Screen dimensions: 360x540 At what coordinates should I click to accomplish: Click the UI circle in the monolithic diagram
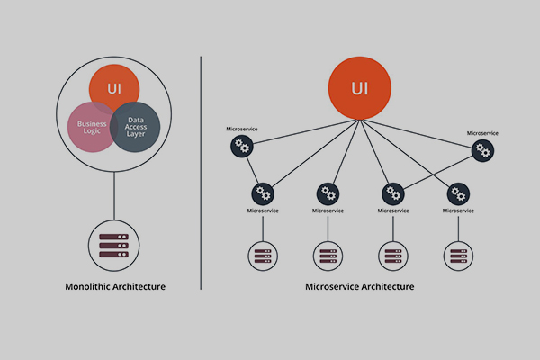[114, 88]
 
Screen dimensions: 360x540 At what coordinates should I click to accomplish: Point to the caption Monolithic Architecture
[115, 287]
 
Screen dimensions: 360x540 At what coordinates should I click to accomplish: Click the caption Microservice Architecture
[360, 287]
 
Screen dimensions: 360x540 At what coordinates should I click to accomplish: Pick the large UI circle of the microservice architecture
[359, 89]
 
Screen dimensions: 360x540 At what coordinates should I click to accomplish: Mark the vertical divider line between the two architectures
[200, 171]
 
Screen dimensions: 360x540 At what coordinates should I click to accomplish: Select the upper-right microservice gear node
[483, 151]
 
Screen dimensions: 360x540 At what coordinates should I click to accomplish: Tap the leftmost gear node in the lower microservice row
[263, 193]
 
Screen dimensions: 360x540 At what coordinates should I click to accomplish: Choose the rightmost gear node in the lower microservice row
[458, 193]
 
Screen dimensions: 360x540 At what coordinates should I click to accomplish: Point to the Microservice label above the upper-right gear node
[483, 133]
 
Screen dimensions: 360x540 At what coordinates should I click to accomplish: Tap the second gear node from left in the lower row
[328, 193]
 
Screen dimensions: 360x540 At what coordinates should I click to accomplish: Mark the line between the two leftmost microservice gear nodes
[252, 171]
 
